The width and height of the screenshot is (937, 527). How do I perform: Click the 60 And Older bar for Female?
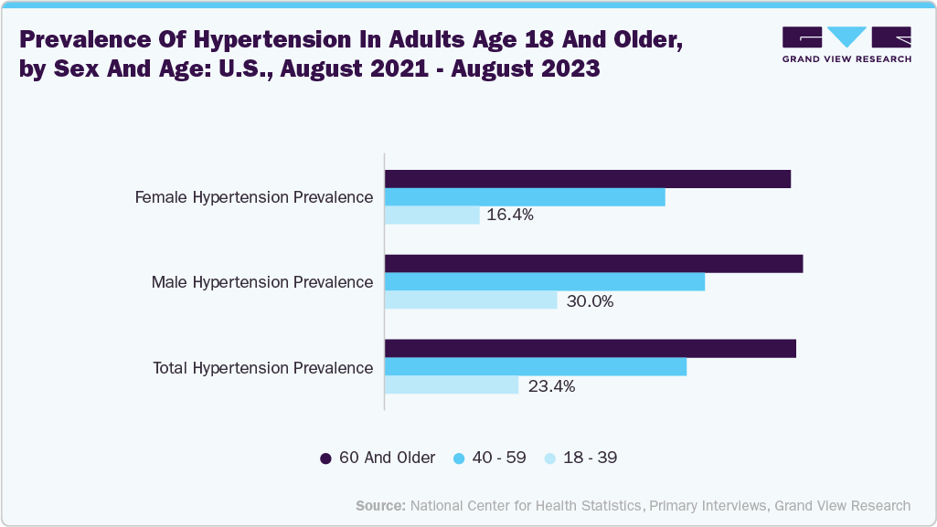(x=587, y=179)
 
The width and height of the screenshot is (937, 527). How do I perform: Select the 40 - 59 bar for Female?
(x=525, y=197)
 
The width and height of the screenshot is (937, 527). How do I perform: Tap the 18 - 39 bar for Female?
(x=431, y=216)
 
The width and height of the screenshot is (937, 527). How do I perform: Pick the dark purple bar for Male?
(x=593, y=264)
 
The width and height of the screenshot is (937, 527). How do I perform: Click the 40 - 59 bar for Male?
(x=545, y=282)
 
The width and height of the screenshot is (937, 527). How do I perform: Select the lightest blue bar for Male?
(x=471, y=300)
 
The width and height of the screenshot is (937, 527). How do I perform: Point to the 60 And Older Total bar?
(x=590, y=349)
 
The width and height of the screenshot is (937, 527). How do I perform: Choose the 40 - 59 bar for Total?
(x=535, y=366)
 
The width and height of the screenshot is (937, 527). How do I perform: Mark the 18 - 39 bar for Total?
(x=452, y=385)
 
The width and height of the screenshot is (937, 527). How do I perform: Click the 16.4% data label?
(x=510, y=216)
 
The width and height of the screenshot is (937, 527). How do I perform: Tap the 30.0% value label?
(x=590, y=300)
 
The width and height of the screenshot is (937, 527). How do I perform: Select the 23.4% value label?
(x=551, y=385)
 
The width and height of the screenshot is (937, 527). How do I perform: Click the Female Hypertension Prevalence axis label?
(x=254, y=197)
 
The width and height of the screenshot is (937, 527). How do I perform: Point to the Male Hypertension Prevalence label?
(x=262, y=282)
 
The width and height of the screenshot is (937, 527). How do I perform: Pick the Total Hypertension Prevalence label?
(x=263, y=367)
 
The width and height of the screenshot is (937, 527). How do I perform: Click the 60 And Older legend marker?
(x=325, y=458)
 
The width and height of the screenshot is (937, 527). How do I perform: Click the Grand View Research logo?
(x=846, y=44)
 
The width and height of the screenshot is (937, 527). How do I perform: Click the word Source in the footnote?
(x=380, y=505)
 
